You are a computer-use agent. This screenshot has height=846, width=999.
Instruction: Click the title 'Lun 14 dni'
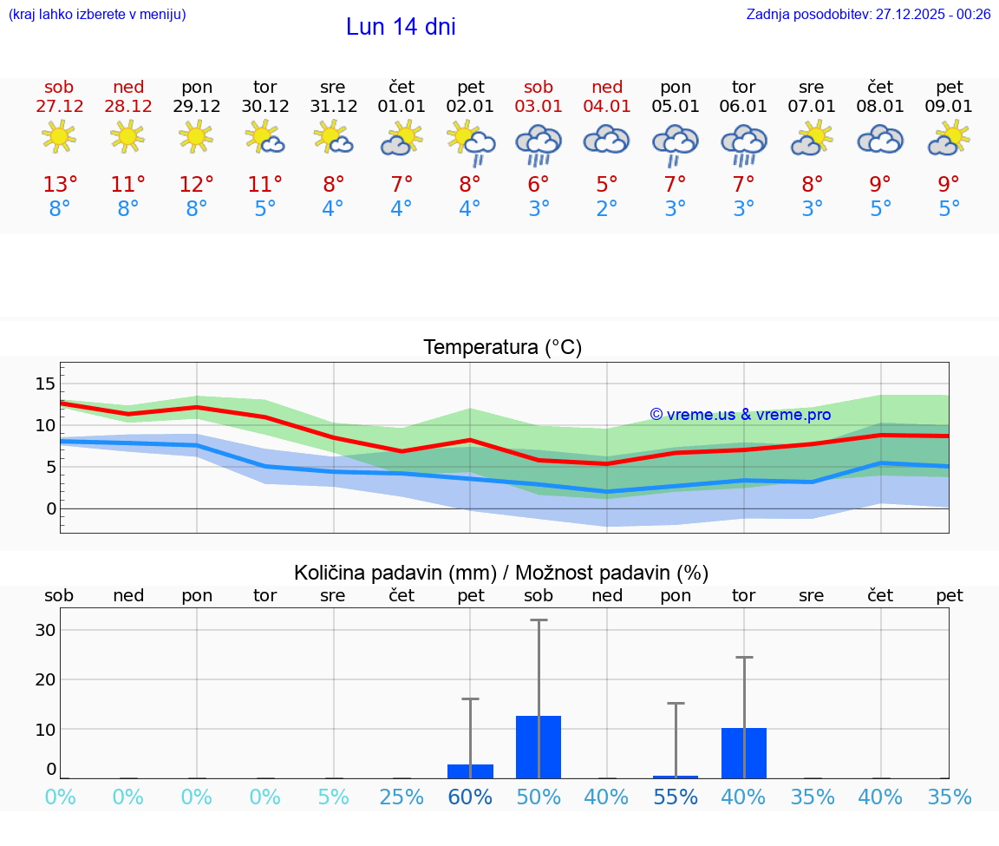(x=401, y=27)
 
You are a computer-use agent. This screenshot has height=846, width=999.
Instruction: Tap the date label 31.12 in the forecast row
(x=333, y=106)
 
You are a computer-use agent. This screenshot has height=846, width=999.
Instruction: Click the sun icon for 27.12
(x=59, y=137)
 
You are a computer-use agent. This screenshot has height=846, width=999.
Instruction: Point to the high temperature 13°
(x=60, y=185)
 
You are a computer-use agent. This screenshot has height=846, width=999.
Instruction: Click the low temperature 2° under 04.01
(x=607, y=209)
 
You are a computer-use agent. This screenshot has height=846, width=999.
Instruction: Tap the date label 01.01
(x=402, y=106)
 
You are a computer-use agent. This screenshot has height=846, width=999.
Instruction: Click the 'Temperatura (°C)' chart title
(x=502, y=347)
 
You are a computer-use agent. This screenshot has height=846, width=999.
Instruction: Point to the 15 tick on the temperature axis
(x=45, y=384)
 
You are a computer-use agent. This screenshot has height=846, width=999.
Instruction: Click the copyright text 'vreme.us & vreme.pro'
(x=741, y=415)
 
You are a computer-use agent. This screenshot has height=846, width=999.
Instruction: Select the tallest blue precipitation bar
(x=539, y=746)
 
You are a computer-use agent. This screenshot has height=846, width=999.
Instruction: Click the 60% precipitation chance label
(x=470, y=797)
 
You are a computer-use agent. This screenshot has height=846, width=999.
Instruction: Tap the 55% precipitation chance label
(x=676, y=797)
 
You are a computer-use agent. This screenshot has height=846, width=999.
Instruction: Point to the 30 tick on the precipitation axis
(x=45, y=630)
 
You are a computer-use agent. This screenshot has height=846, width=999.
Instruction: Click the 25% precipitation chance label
(x=402, y=797)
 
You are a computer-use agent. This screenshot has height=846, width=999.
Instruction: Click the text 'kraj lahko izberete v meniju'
(x=96, y=14)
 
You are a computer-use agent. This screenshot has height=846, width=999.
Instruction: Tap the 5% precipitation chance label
(x=333, y=797)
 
